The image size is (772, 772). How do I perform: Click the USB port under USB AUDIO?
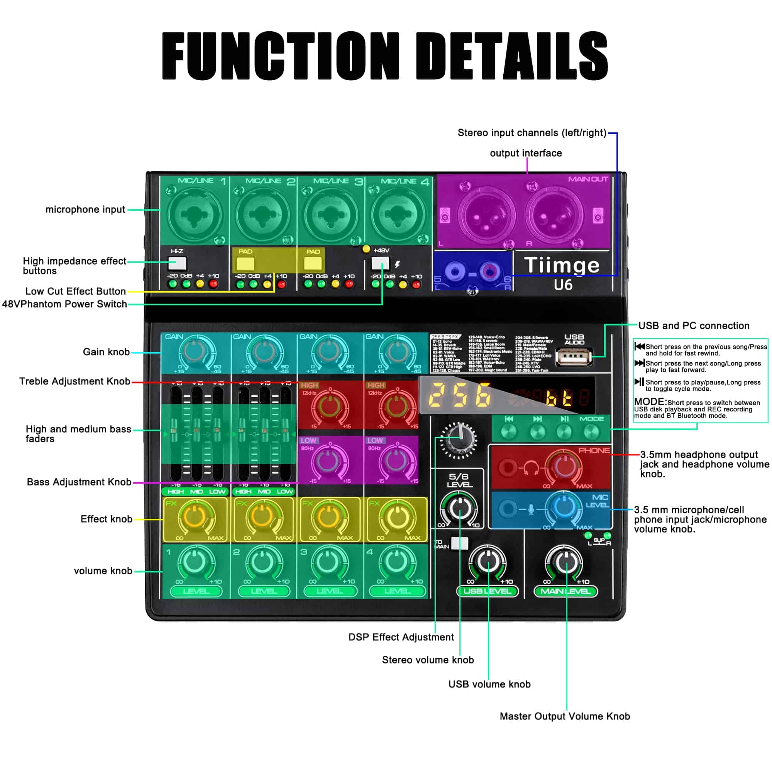(574, 356)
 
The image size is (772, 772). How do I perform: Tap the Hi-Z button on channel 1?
(178, 263)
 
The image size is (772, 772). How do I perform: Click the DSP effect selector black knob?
(459, 439)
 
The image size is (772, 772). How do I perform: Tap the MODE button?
(591, 432)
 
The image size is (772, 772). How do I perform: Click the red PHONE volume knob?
(564, 466)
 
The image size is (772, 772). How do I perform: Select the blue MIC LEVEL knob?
(564, 507)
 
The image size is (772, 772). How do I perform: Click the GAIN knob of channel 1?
(195, 352)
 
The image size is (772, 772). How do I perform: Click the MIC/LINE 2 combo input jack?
(262, 215)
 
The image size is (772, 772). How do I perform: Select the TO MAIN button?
(459, 543)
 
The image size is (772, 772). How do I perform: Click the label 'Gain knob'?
(106, 352)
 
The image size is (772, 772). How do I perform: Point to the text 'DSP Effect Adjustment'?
(401, 637)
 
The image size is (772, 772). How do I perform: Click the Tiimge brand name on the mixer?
(561, 265)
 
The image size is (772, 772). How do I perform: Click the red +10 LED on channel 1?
(213, 284)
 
